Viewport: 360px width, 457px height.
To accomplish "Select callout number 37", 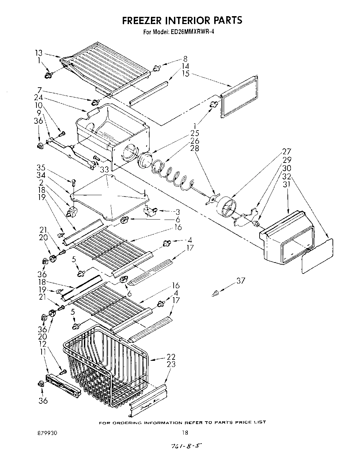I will pos(241,281).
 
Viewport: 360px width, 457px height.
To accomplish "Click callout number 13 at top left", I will pos(39,53).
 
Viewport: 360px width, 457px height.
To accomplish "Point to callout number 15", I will pos(186,74).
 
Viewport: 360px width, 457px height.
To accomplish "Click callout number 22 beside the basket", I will pos(171,357).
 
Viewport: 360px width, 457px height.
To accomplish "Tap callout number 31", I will pos(286,184).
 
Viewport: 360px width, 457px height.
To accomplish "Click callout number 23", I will pos(171,365).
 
